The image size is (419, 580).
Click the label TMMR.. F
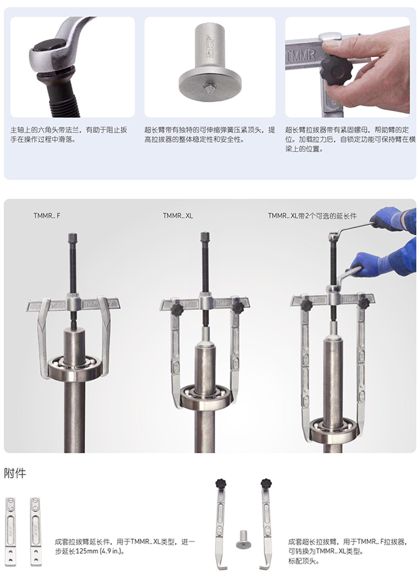tap(47, 216)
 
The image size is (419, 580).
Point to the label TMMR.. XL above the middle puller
tap(178, 216)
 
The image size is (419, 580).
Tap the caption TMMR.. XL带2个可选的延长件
tap(312, 216)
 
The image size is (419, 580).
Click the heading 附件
tap(15, 473)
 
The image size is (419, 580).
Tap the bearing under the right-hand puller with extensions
tap(334, 428)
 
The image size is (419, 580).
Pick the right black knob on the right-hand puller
tap(364, 303)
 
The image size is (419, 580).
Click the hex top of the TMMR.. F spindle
tap(73, 236)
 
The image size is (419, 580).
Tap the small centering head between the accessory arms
tap(242, 539)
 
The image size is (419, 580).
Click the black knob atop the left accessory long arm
tap(221, 483)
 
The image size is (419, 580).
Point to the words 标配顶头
tap(303, 561)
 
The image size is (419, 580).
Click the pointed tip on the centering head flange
tap(210, 89)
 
